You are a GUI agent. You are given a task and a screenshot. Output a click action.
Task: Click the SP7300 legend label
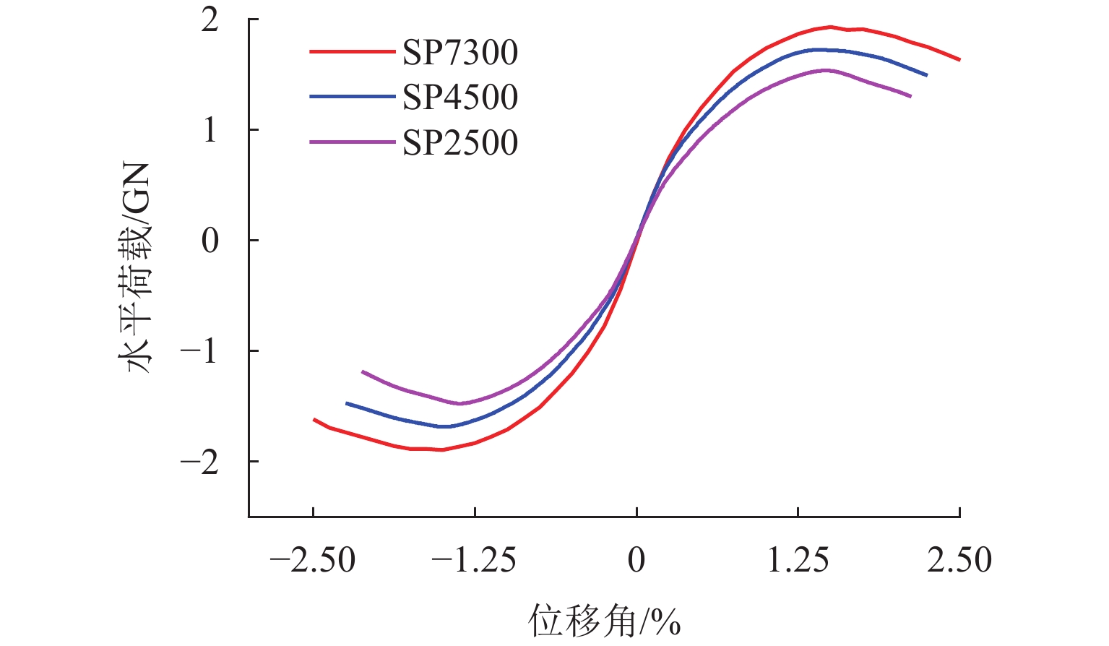click(460, 53)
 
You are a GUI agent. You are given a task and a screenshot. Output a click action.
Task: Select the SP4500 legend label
click(460, 98)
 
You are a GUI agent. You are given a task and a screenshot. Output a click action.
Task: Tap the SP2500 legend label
click(460, 142)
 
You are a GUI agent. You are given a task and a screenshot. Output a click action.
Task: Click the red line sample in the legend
click(353, 52)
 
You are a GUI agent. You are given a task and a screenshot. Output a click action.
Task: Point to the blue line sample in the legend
click(353, 97)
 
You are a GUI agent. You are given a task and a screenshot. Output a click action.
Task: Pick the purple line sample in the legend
click(353, 142)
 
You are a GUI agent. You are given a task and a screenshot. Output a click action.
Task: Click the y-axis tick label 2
click(210, 20)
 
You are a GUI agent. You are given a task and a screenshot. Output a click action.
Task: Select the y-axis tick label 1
click(210, 130)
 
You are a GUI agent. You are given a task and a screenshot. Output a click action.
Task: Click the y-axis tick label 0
click(210, 241)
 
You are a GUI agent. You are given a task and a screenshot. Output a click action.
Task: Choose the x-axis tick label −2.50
click(312, 560)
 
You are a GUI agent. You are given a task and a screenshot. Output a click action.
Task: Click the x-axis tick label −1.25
click(474, 560)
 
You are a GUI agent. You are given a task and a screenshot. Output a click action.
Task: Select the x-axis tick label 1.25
click(798, 560)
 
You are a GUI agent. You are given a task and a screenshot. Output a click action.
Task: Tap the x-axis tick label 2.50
click(959, 560)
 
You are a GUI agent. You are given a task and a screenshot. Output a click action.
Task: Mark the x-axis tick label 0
click(637, 560)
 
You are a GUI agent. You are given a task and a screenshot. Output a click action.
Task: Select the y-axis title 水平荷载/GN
click(137, 267)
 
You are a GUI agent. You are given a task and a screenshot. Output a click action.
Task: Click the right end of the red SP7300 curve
click(959, 59)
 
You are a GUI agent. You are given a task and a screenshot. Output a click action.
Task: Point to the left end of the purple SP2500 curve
click(363, 371)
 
